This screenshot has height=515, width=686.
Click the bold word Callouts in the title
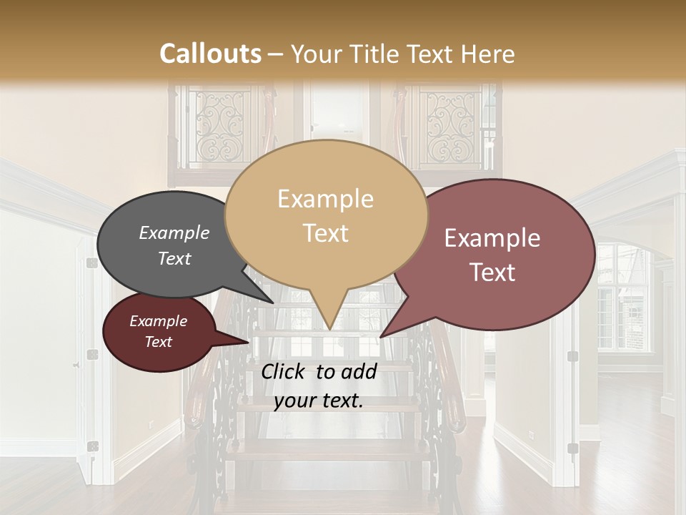pos(210,54)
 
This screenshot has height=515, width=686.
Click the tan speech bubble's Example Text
pos(325,215)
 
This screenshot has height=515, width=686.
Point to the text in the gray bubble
pos(174,245)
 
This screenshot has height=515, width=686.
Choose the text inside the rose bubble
pos(492,255)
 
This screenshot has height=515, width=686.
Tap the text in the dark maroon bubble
pos(158,331)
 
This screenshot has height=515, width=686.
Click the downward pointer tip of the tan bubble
pos(329,328)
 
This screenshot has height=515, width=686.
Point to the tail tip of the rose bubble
pos(381,336)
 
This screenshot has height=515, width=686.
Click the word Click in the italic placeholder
pos(284,371)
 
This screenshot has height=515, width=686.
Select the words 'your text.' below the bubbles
pos(318,401)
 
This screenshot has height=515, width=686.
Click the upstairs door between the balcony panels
pos(332,114)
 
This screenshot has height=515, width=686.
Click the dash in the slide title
pos(277,54)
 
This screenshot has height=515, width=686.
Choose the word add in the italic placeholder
pos(359,371)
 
